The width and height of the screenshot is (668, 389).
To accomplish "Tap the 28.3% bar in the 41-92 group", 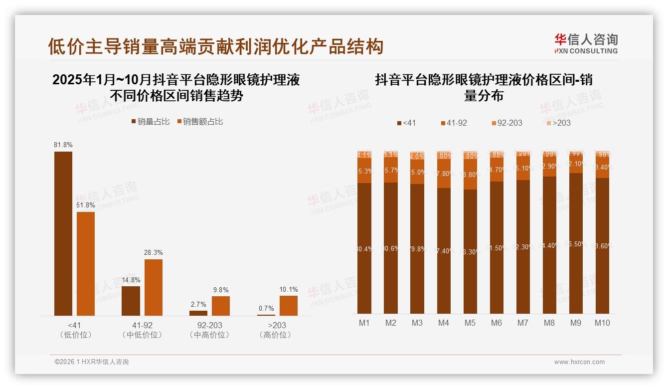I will pyautogui.click(x=154, y=287).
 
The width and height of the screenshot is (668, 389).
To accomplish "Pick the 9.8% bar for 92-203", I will pyautogui.click(x=221, y=306).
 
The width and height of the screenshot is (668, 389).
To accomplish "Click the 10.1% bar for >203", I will pyautogui.click(x=288, y=305).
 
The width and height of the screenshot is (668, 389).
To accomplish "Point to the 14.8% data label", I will pyautogui.click(x=131, y=280).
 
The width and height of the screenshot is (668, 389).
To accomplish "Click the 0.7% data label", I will pyautogui.click(x=266, y=308).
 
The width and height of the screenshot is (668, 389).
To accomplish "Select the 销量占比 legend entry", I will pyautogui.click(x=150, y=122).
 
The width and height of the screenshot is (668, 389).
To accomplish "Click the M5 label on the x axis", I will pyautogui.click(x=470, y=323).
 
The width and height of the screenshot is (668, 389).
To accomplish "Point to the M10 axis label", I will pyautogui.click(x=602, y=323).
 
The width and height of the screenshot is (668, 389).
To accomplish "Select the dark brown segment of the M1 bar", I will pyautogui.click(x=364, y=248).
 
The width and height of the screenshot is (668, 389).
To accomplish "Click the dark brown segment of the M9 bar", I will pyautogui.click(x=575, y=243).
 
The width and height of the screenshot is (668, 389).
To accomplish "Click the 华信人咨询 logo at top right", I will pyautogui.click(x=586, y=43).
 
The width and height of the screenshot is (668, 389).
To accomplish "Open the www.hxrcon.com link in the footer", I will pyautogui.click(x=579, y=362).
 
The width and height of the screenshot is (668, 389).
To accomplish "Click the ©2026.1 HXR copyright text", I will pyautogui.click(x=92, y=362).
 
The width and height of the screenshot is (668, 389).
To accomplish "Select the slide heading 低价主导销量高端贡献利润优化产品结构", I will pyautogui.click(x=215, y=46).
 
